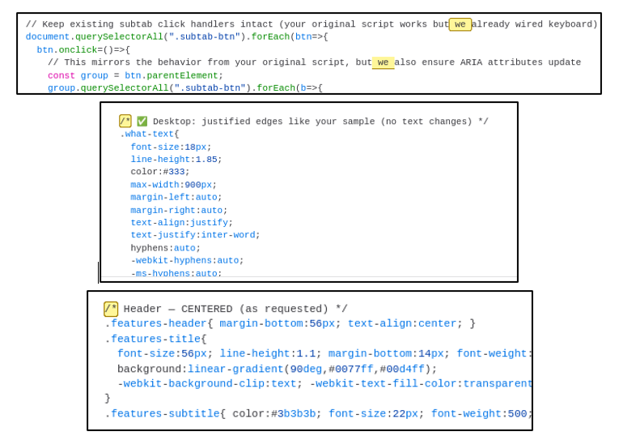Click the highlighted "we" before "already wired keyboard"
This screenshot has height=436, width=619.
coord(460,24)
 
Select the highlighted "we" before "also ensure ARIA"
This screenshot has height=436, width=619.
coord(383,62)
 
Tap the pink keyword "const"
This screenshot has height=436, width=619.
coord(61,75)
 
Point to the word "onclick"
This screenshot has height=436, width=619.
coord(75,49)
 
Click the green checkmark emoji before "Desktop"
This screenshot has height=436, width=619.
coord(142,122)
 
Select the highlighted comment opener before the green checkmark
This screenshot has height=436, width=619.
coord(125,122)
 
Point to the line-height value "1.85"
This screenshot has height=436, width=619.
coord(208,160)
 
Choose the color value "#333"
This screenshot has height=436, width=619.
coord(176,172)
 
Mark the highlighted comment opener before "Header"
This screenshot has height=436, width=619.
coord(111,309)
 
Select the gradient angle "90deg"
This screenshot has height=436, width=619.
coord(307,369)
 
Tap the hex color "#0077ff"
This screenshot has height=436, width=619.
coord(353,369)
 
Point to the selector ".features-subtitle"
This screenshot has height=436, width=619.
coord(162,413)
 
